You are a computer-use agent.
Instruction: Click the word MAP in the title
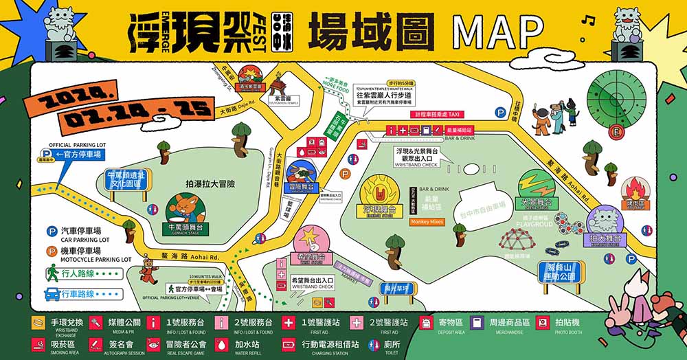click(x=497, y=32)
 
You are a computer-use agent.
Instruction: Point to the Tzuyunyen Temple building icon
click(x=280, y=85)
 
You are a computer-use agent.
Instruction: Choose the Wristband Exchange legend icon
click(x=38, y=322)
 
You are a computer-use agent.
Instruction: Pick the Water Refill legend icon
click(x=221, y=344)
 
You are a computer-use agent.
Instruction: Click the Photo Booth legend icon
click(x=543, y=322)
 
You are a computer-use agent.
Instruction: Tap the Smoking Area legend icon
click(x=38, y=344)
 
